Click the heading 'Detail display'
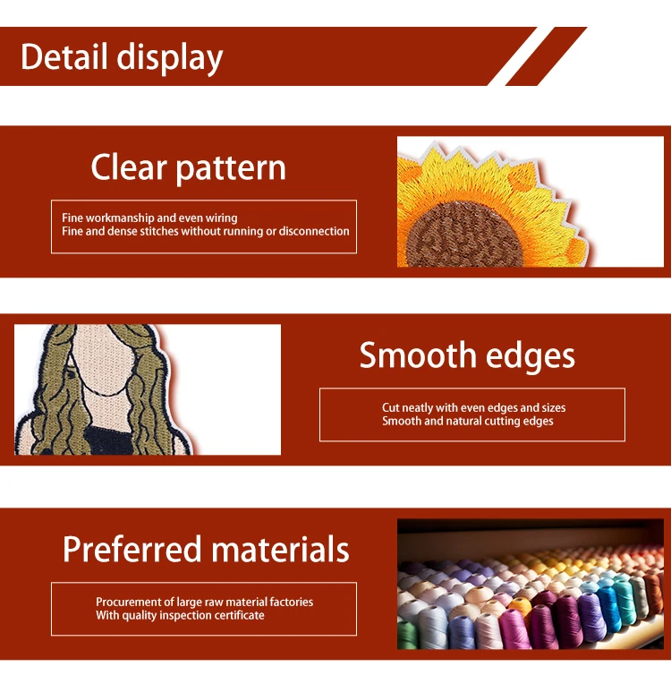pos(122,57)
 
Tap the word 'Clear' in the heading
pos(129,167)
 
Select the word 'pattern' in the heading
pos(231,169)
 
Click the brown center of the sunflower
pos(463,235)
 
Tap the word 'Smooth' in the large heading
pos(418,355)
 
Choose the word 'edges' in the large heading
pos(531,357)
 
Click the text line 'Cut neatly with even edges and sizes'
pos(474,407)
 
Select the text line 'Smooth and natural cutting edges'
pos(468,421)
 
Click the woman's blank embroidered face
pos(103,353)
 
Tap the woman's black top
pos(109,441)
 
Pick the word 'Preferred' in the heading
pos(132,549)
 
